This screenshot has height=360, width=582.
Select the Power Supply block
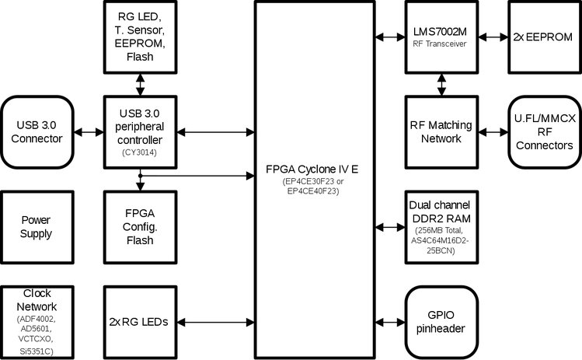tap(37, 226)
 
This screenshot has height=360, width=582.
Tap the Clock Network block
tap(37, 320)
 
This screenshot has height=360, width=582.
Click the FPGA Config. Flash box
tap(140, 226)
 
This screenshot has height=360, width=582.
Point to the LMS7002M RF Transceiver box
tap(440, 36)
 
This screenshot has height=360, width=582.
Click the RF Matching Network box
tap(440, 130)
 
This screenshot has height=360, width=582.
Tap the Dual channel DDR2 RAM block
tap(440, 226)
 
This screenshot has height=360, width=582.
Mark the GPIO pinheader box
tap(440, 320)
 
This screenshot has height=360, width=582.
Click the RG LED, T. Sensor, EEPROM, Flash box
tap(140, 36)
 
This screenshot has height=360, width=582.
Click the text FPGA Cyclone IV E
tap(321, 169)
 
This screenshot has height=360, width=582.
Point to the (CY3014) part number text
tap(141, 152)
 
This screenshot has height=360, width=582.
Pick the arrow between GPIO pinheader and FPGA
tap(391, 320)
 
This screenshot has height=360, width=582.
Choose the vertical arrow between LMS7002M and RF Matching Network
tap(441, 83)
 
